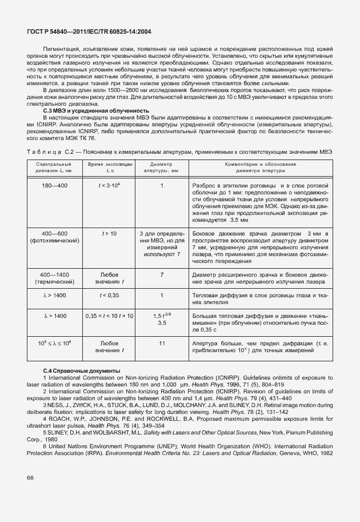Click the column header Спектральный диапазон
click(53, 167)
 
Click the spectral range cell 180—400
click(53, 186)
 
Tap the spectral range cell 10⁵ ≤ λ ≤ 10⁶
click(53, 343)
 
